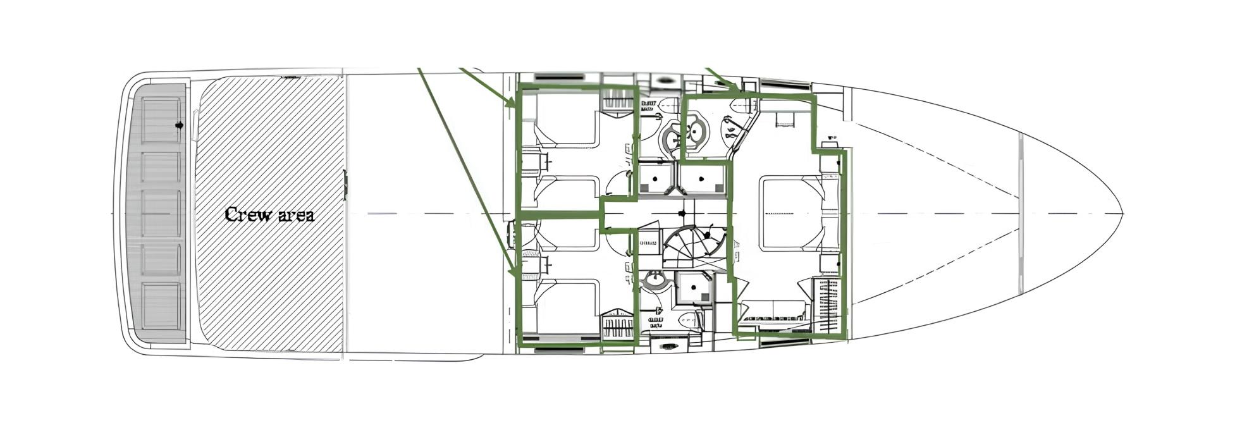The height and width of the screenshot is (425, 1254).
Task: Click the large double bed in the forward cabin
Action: click(x=791, y=212)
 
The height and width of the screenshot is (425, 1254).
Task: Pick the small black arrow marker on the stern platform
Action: click(x=179, y=125)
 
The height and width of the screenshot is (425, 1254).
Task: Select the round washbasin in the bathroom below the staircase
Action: click(x=652, y=280)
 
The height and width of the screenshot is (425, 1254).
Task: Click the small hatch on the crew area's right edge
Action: click(x=345, y=185)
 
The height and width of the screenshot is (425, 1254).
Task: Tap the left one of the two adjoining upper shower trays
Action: click(x=656, y=180)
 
